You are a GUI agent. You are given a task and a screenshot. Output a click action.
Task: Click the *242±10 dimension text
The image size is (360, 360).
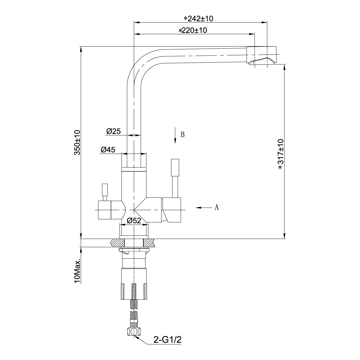pos(198,19)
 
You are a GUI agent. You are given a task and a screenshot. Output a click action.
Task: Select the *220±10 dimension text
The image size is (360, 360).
pos(193,30)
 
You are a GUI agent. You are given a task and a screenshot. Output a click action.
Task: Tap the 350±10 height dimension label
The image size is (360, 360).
pos(77,142)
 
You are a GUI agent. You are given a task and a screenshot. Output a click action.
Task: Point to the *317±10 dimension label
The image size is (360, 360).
pos(281,154)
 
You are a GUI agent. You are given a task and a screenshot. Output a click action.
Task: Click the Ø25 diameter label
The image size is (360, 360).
pos(113,131)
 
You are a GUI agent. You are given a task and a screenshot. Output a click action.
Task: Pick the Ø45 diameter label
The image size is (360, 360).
pos(108,149)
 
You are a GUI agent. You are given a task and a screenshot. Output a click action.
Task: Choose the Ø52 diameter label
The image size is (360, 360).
pos(134,220)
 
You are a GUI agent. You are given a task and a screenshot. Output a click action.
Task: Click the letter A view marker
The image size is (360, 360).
pos(217,207)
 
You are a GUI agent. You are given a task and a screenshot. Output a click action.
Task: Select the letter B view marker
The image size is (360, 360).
pos(182,134)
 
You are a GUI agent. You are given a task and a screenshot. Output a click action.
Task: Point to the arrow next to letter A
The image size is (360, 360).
pos(204,208)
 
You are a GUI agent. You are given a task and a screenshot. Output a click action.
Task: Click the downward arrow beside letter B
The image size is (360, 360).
pos(175,135)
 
